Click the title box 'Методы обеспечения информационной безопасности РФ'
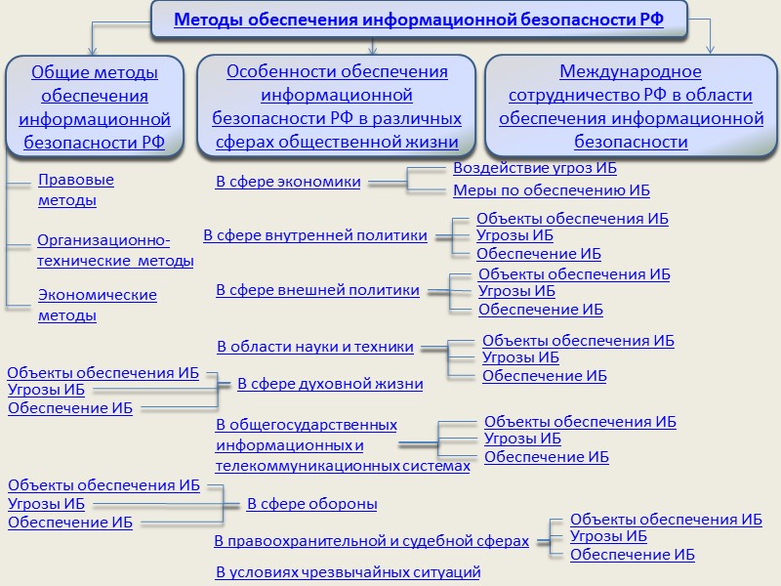[419, 20]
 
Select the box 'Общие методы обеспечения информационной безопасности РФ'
[95, 107]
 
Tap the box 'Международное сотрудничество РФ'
[631, 106]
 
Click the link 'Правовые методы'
[75, 190]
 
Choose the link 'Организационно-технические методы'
[115, 250]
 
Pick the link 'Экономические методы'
[97, 305]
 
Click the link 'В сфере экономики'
[288, 182]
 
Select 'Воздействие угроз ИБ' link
[535, 168]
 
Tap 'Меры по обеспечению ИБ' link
[552, 190]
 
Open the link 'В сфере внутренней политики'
[315, 235]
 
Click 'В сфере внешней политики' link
[317, 290]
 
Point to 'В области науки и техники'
[315, 347]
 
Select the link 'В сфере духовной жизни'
[330, 384]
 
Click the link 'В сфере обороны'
[311, 504]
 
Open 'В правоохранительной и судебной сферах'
[371, 540]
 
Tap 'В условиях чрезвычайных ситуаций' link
[348, 571]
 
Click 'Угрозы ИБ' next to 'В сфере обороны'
[46, 504]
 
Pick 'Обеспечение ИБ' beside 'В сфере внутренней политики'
[539, 254]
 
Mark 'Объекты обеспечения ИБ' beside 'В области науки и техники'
[578, 341]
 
